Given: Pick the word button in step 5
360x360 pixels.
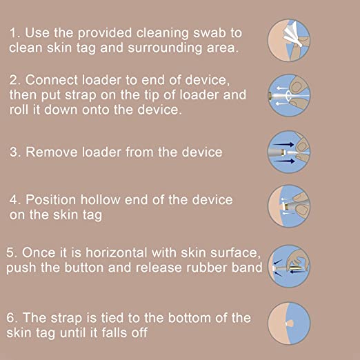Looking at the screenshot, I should (x=92, y=268).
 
